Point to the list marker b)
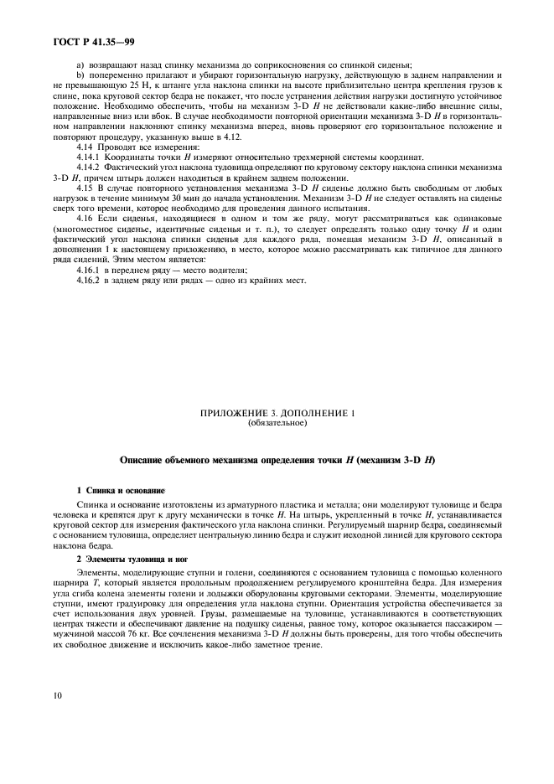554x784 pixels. (x=80, y=75)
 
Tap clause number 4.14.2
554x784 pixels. (x=88, y=168)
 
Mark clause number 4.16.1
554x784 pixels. (x=88, y=270)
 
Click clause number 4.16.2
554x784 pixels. (x=88, y=280)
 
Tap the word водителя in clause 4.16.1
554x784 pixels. (x=228, y=270)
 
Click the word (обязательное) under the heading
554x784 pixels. (x=277, y=422)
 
